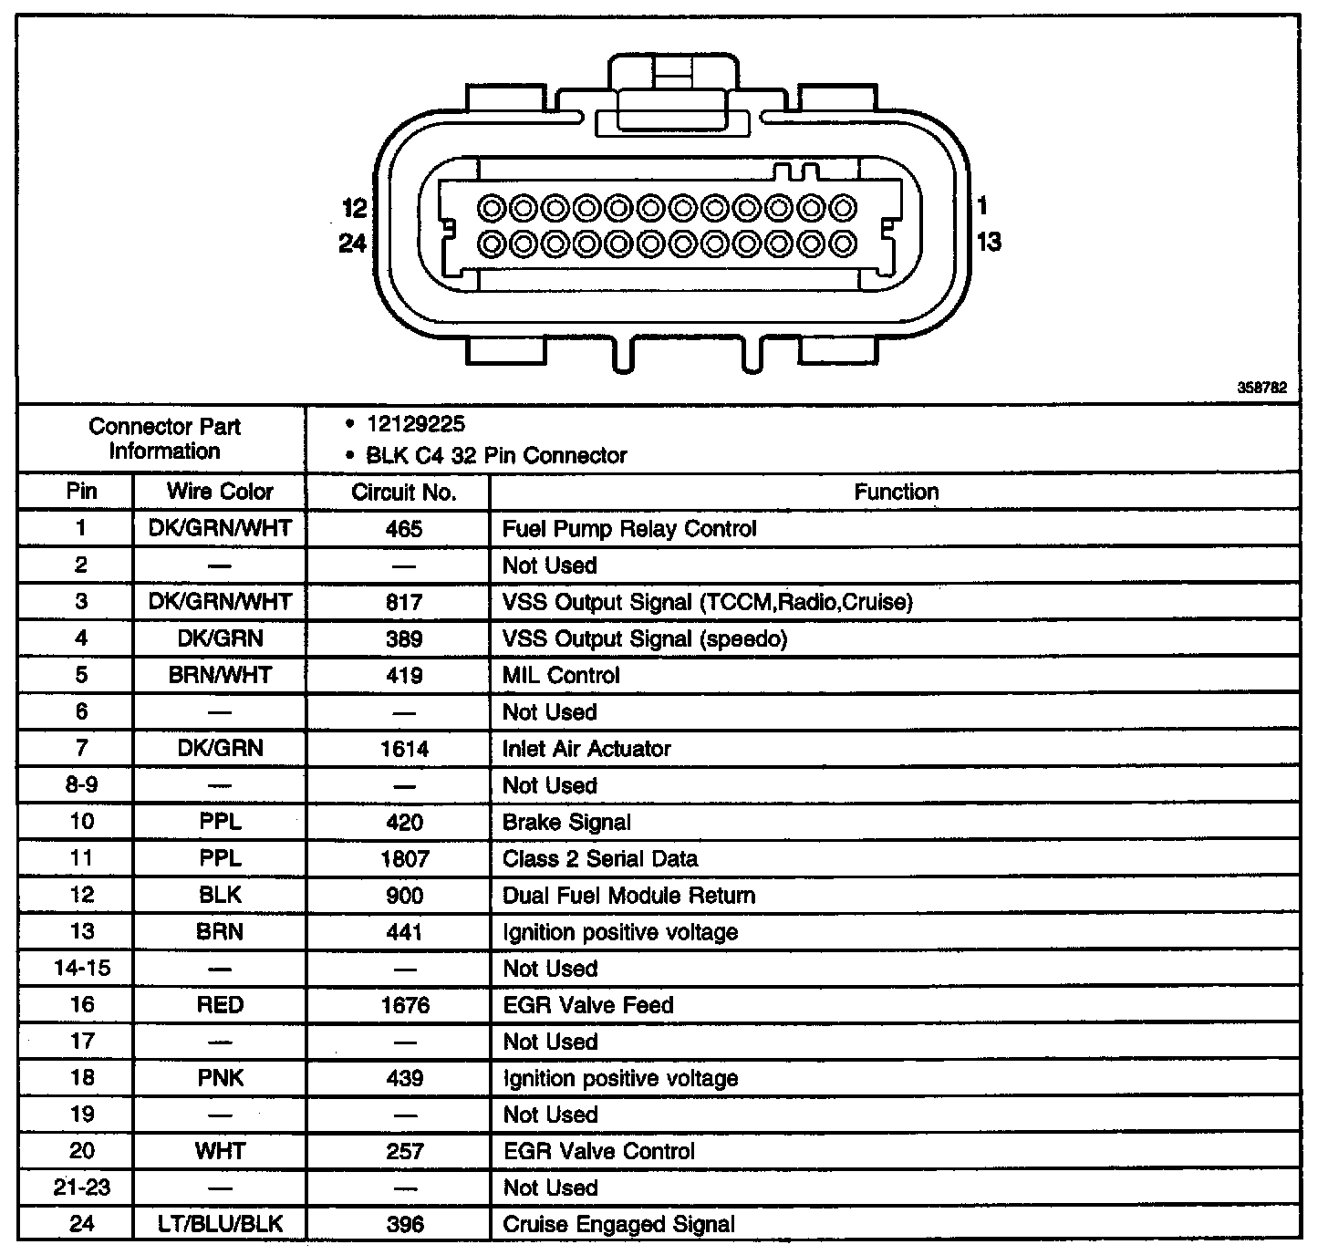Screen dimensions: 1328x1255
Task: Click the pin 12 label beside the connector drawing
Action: [x=354, y=209]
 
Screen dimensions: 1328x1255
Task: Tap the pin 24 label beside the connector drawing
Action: [x=352, y=244]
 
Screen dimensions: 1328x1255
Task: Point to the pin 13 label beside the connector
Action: [x=989, y=242]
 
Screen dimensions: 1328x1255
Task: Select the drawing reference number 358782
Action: [x=1261, y=388]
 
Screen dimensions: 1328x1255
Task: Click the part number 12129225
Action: [x=415, y=424]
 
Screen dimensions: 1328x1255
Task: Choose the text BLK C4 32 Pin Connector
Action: [x=496, y=455]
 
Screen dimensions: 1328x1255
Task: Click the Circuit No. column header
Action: [x=403, y=493]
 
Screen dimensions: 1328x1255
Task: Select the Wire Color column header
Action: [x=220, y=492]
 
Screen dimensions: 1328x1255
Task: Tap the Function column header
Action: [x=896, y=493]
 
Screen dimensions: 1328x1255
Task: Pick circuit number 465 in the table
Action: [x=403, y=529]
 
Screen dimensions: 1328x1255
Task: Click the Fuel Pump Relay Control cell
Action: [x=629, y=529]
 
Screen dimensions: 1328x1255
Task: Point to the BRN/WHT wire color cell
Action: [x=220, y=675]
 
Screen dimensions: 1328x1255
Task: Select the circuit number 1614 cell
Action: [x=403, y=749]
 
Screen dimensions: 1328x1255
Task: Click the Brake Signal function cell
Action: [x=566, y=822]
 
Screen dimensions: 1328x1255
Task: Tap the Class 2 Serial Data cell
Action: [x=600, y=858]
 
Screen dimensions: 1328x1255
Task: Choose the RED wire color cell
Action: [x=220, y=1005]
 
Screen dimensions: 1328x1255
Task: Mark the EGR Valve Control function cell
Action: [x=598, y=1151]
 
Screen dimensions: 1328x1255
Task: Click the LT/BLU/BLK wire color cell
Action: [x=220, y=1224]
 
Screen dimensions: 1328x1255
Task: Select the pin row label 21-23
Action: [x=82, y=1188]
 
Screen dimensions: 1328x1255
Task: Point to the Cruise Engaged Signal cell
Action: [x=618, y=1224]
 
